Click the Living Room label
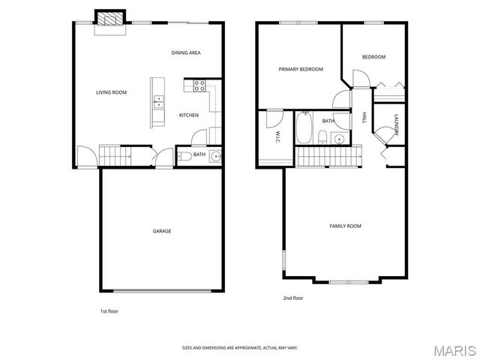click(x=111, y=93)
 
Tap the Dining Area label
click(x=185, y=52)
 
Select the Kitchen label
click(x=188, y=115)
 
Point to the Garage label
click(x=162, y=231)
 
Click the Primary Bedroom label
click(x=301, y=69)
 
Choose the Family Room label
click(x=346, y=226)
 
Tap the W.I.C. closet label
click(x=277, y=136)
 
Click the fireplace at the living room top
click(x=109, y=19)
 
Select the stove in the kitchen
click(x=200, y=85)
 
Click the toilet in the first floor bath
click(x=184, y=157)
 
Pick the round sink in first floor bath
click(x=215, y=156)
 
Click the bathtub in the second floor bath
click(x=304, y=128)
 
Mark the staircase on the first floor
click(x=115, y=155)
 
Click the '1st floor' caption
click(x=109, y=310)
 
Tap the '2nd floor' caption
click(x=292, y=298)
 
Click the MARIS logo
click(x=454, y=350)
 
